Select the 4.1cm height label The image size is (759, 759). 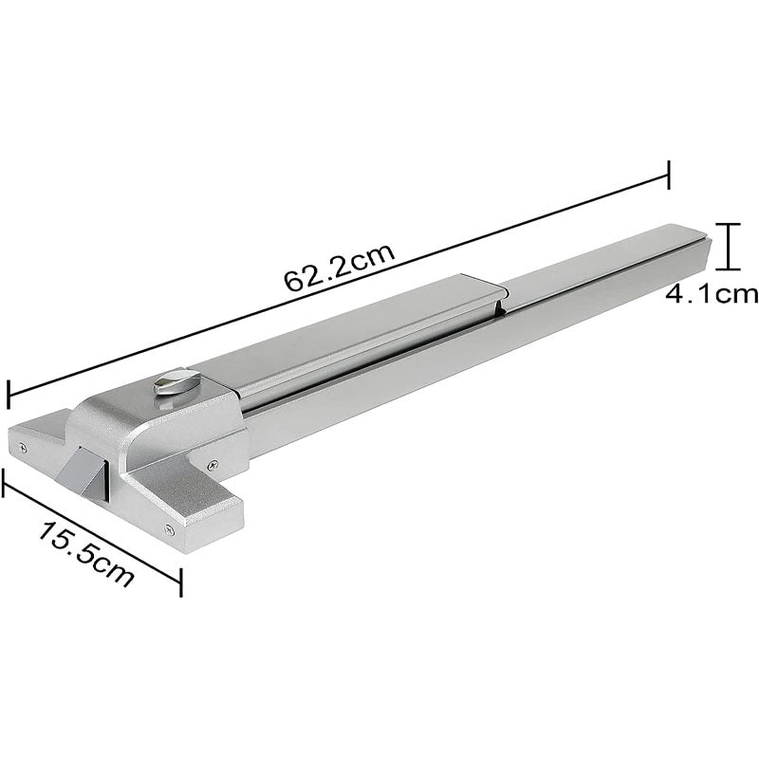712,293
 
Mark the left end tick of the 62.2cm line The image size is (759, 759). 9,394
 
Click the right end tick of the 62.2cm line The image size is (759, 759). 670,175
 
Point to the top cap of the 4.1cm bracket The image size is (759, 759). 728,224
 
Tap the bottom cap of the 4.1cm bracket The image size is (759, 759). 728,271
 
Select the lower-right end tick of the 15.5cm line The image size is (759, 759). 180,582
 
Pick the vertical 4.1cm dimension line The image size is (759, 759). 728,248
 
